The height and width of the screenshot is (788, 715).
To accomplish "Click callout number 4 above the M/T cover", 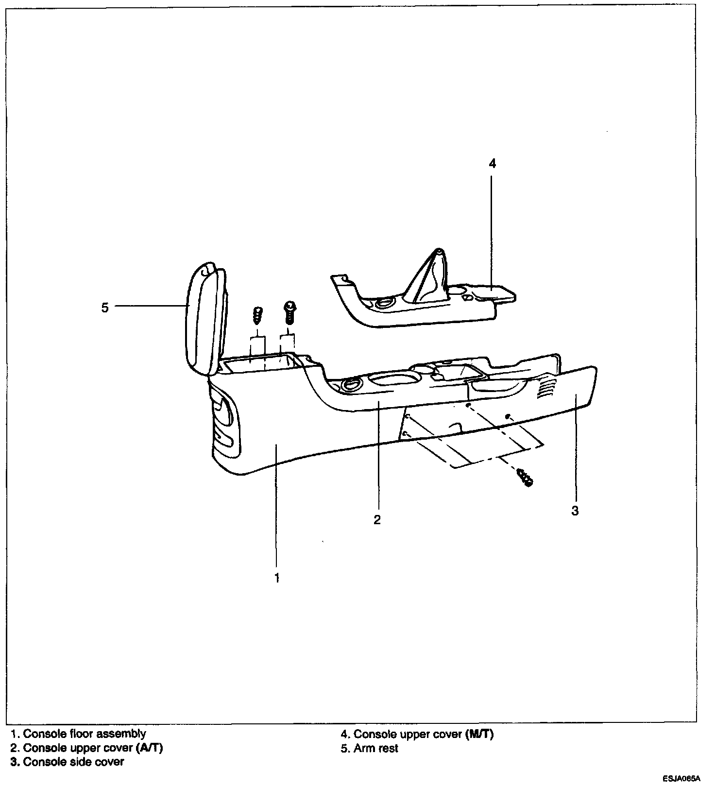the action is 492,164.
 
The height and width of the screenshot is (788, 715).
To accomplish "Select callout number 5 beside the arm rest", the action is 105,308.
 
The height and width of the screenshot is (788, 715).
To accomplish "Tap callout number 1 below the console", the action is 277,578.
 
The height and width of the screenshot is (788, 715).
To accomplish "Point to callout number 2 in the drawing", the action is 377,520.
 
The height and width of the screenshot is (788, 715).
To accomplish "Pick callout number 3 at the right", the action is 575,511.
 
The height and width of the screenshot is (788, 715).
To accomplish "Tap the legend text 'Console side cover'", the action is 73,762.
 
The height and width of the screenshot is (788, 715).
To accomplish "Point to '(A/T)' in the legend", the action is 150,748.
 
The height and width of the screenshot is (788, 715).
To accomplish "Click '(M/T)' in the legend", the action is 479,734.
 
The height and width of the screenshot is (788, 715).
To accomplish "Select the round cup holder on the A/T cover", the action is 349,385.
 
